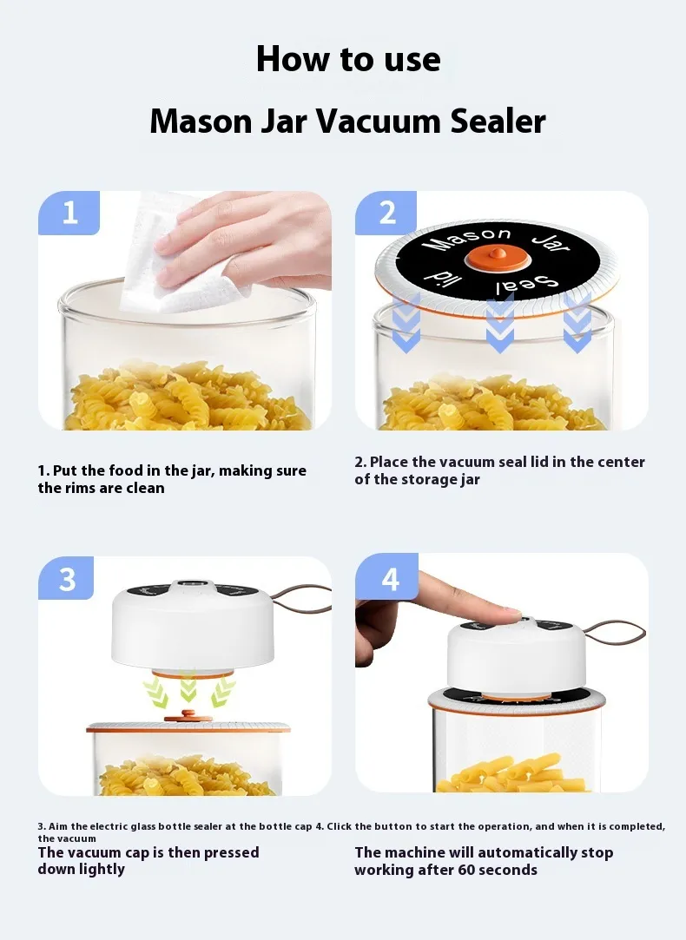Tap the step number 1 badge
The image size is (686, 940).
click(69, 213)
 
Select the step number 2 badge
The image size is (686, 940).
click(386, 213)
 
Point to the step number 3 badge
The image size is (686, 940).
click(67, 578)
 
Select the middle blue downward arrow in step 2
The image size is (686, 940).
click(499, 324)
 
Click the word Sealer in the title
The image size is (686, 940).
click(498, 121)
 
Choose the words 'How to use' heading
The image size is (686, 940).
click(348, 59)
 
